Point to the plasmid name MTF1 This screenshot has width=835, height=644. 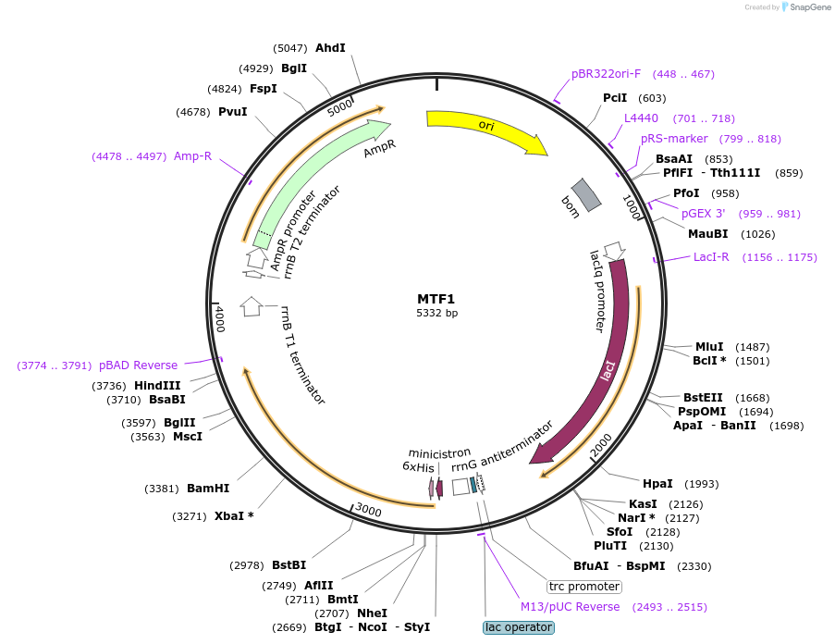click(x=436, y=299)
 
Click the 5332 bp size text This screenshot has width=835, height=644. click(x=436, y=313)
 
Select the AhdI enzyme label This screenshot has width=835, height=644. click(x=330, y=47)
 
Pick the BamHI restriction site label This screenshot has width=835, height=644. click(x=208, y=488)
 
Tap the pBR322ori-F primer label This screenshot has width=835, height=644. click(x=606, y=74)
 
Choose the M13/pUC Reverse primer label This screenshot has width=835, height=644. click(x=570, y=607)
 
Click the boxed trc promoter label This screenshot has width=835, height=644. click(x=584, y=587)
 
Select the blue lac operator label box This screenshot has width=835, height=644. click(x=519, y=627)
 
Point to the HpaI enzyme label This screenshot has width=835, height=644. click(x=657, y=484)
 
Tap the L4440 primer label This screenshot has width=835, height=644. click(x=641, y=118)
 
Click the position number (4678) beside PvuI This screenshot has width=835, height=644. click(x=193, y=112)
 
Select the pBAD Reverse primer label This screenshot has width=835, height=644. click(x=138, y=365)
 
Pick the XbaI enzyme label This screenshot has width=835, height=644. click(x=234, y=515)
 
